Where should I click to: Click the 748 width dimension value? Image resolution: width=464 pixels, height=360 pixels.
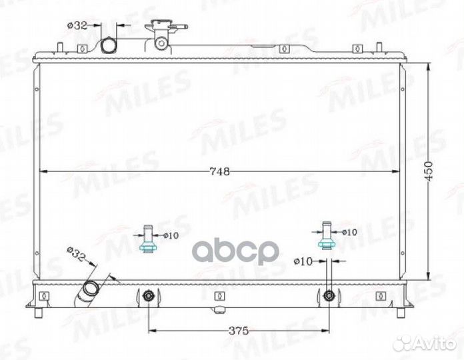pyautogui.click(x=219, y=171)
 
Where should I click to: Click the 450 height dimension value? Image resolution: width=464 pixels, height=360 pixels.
pyautogui.click(x=429, y=171)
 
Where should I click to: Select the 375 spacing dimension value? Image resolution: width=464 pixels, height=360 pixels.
pyautogui.click(x=239, y=331)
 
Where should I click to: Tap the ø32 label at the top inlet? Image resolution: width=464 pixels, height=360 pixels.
pyautogui.click(x=77, y=25)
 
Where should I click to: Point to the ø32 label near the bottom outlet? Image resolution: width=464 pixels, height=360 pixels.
pyautogui.click(x=76, y=254)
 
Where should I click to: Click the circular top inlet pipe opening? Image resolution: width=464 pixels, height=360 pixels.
pyautogui.click(x=109, y=45)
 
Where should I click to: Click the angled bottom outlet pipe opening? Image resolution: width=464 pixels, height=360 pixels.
pyautogui.click(x=90, y=289)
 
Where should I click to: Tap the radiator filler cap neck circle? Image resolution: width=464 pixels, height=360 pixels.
pyautogui.click(x=161, y=43)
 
